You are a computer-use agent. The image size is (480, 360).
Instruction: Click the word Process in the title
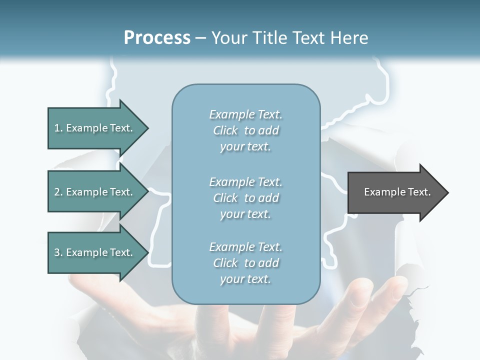coord(157,38)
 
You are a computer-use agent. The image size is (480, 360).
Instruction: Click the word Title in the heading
coord(269,38)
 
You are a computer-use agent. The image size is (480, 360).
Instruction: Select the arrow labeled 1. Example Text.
coord(95,128)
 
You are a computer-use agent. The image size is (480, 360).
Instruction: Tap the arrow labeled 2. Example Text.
coord(95,192)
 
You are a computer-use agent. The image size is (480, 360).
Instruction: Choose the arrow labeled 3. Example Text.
coord(95,252)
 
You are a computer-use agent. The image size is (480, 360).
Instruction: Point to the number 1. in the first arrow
coord(58,128)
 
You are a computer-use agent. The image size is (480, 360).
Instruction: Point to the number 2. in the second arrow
coord(58,192)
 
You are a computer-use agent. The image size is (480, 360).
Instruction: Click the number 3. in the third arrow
coord(58,252)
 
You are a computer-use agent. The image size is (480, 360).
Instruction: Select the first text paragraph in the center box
coord(245,130)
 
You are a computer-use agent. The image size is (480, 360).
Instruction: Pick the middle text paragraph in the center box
coord(245,197)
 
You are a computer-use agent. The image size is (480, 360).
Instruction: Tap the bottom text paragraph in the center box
coord(245,263)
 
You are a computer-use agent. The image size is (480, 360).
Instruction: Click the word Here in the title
coord(350,38)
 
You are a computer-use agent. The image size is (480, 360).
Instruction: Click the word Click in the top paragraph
coord(225,130)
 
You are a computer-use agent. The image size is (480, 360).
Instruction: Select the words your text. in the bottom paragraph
coord(245,279)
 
